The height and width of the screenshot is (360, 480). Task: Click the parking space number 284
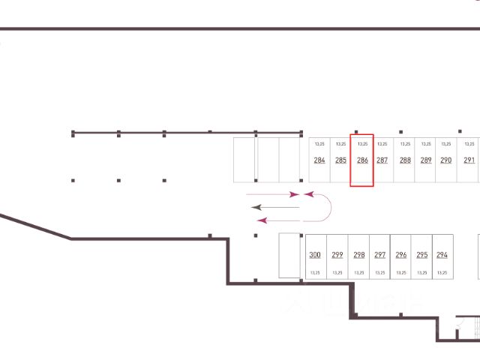click(x=319, y=160)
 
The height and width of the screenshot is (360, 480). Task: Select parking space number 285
click(x=340, y=160)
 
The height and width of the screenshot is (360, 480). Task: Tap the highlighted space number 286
click(x=362, y=160)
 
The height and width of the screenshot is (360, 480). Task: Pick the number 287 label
click(x=382, y=160)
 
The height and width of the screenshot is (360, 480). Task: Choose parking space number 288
click(x=405, y=160)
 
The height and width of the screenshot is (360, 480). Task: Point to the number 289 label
click(x=426, y=160)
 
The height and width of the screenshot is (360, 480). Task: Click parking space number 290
click(x=446, y=160)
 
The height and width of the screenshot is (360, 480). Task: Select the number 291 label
click(x=469, y=160)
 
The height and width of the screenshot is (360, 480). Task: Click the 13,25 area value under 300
click(x=315, y=273)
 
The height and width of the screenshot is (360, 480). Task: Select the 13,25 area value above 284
click(x=319, y=143)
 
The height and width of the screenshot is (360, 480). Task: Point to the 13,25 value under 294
click(x=442, y=273)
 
